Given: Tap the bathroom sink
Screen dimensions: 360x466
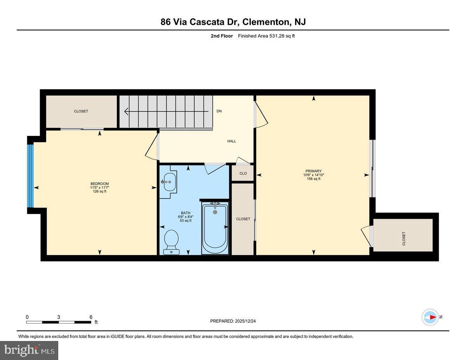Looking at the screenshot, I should [x=169, y=182].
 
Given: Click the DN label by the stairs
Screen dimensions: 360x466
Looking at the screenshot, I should [x=219, y=111].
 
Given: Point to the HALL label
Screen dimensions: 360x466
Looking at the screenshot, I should [x=231, y=141].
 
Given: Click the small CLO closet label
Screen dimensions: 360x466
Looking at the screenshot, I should [x=243, y=173].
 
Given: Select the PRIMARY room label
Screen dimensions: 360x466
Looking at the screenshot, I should [x=313, y=171].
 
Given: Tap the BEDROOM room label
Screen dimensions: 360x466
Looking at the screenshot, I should [x=99, y=184].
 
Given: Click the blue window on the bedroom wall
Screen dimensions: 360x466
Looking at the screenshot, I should [x=30, y=176].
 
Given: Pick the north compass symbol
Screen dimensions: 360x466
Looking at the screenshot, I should [x=430, y=317].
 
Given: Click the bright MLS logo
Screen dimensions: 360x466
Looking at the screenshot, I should [x=29, y=350].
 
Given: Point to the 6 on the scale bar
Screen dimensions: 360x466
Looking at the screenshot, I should [x=91, y=317].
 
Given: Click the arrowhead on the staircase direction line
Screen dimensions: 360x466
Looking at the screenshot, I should [x=126, y=111].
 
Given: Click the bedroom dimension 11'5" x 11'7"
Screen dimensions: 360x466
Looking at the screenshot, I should [x=99, y=188].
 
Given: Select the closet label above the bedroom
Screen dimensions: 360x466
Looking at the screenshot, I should [x=81, y=111].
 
